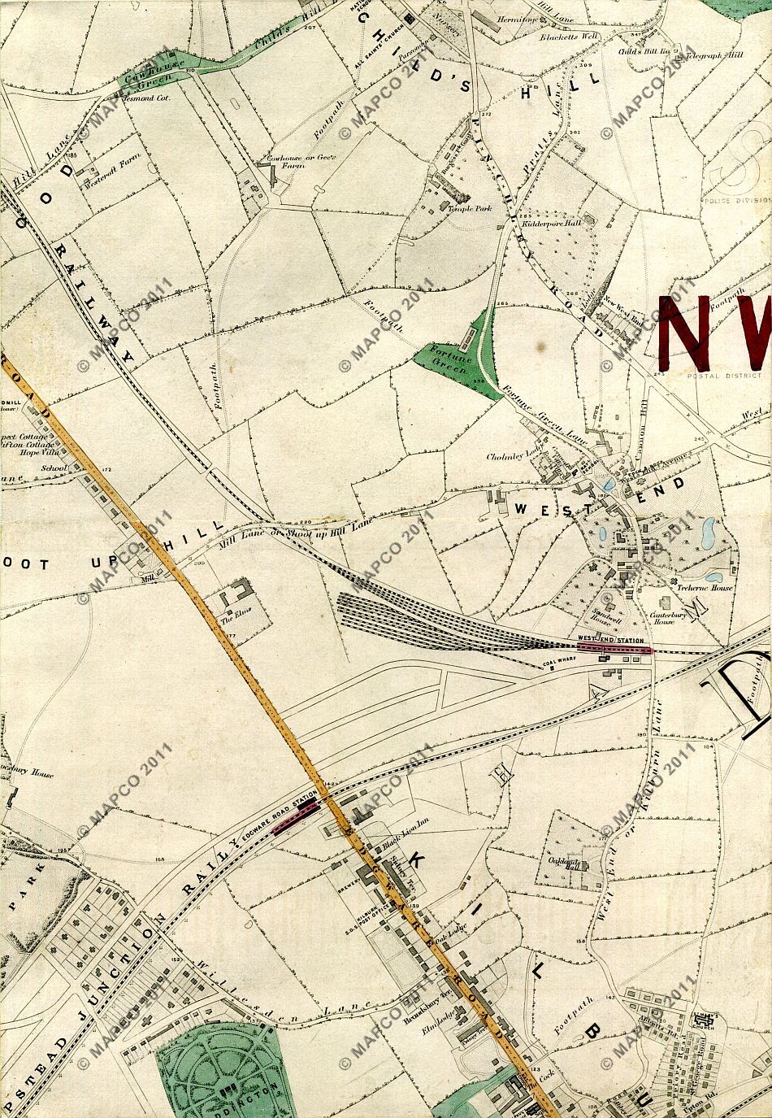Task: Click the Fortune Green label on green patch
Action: [448, 359]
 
